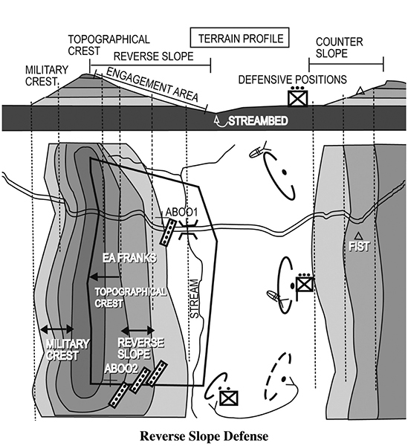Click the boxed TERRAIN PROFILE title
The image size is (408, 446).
point(240,38)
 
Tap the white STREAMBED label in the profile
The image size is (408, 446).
point(258,121)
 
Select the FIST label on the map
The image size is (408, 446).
point(359,246)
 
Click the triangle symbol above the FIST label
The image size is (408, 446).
point(358,235)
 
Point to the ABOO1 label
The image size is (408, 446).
point(181,212)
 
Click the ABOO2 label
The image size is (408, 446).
point(121,369)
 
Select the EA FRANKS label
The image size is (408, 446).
point(129,258)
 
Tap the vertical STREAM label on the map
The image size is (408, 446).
point(194,299)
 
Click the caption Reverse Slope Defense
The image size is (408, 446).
point(204,436)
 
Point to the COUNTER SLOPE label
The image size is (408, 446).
point(339,48)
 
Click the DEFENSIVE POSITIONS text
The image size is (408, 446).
point(292,80)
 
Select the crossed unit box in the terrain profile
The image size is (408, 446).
point(298,98)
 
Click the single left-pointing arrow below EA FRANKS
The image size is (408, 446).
point(104,277)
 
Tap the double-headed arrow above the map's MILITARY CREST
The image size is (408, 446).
point(57,329)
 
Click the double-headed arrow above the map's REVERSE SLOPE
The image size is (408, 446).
point(138,331)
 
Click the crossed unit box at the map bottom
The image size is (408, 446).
point(229,398)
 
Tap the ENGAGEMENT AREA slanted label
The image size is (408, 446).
point(152,85)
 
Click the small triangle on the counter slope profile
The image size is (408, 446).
point(360,91)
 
